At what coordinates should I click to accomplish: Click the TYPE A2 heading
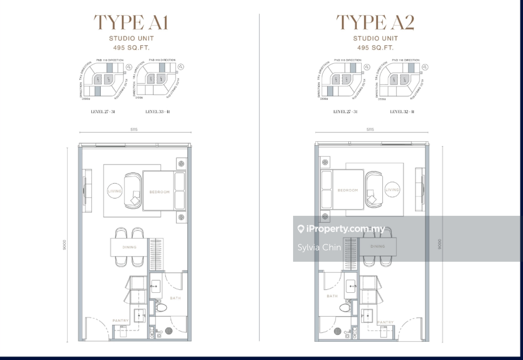tap(375, 22)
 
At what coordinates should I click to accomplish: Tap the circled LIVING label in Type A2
tap(392, 190)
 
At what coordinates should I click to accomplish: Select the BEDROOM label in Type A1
tap(159, 192)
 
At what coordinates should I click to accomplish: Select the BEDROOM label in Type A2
tap(347, 190)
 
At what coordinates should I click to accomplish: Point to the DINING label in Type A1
tap(129, 247)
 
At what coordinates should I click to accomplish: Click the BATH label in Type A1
tap(175, 298)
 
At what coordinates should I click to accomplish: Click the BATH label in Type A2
tap(332, 296)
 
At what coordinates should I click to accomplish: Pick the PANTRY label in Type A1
tap(120, 321)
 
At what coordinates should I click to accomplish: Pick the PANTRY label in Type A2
tap(385, 322)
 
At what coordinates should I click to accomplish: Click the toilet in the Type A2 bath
tap(346, 307)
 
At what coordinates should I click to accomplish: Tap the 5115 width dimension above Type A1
tap(134, 130)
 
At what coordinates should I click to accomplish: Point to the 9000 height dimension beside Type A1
tap(64, 245)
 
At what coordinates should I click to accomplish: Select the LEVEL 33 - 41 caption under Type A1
tap(158, 112)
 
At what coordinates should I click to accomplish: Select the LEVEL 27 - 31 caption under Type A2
tap(345, 112)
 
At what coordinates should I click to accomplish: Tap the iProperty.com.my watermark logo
tap(341, 229)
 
